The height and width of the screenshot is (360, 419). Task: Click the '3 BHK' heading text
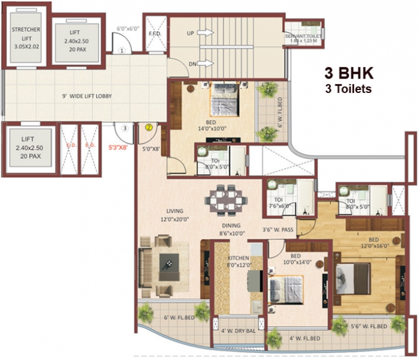tap(349, 73)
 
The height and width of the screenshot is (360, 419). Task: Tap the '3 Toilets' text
tap(349, 89)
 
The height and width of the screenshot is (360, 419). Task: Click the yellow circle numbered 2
tap(148, 127)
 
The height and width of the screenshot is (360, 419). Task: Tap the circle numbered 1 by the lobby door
tap(122, 52)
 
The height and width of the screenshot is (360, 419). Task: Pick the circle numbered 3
tap(124, 128)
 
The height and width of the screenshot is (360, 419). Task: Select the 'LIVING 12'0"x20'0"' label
tap(176, 214)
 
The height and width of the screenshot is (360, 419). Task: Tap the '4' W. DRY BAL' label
tap(237, 330)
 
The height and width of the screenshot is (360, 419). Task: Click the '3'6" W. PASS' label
tap(278, 229)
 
